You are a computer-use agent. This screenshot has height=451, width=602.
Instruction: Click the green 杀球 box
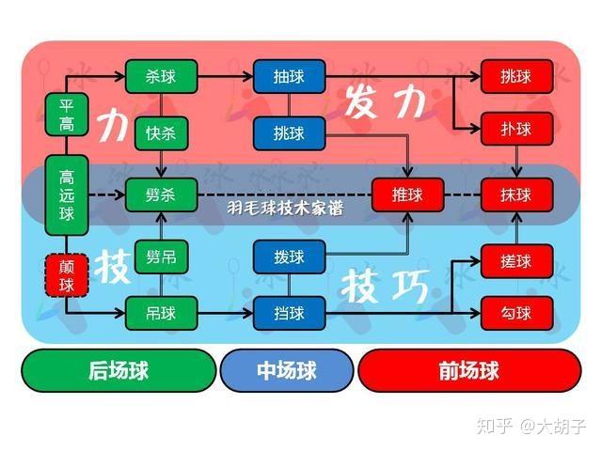coord(162,76)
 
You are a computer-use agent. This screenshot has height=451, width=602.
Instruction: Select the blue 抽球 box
coord(290,76)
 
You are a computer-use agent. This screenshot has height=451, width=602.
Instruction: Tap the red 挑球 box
coord(516,76)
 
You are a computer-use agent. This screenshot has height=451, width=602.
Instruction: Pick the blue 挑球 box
coord(290,132)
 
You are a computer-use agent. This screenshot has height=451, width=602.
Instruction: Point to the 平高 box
coord(67,115)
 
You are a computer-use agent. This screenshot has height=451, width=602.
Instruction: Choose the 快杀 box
coord(162,132)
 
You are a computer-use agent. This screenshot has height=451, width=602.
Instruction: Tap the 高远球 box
coord(67,194)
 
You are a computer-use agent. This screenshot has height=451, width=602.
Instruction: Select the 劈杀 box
coord(162,194)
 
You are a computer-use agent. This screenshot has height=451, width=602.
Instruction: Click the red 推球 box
coord(408,194)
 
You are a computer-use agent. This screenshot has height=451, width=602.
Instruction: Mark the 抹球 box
coord(516,194)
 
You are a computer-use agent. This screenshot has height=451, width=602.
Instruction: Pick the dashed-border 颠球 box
coord(67,274)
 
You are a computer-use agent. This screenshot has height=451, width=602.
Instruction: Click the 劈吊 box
coord(162,256)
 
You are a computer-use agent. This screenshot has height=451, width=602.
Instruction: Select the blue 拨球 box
coord(290,256)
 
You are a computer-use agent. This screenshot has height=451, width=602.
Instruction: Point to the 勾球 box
coord(516,312)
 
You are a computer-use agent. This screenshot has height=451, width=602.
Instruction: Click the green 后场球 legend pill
coord(119,370)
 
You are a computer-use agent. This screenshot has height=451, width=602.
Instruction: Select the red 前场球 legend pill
coord(468,370)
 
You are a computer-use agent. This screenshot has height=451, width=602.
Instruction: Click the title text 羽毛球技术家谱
coord(284,206)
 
